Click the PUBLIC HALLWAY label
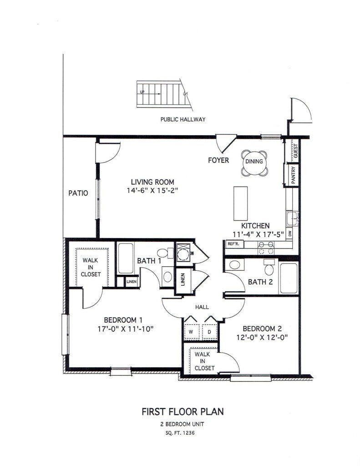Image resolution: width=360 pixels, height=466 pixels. pyautogui.click(x=183, y=120)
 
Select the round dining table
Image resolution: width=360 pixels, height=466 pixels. pyautogui.click(x=254, y=162)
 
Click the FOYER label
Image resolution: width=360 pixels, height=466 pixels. pyautogui.click(x=218, y=160)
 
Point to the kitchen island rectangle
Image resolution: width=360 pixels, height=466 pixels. pyautogui.click(x=241, y=203)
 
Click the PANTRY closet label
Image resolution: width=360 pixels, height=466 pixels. pyautogui.click(x=294, y=175)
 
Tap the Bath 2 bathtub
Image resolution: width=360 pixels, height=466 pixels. pyautogui.click(x=288, y=278)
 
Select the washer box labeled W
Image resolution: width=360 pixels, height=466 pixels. pyautogui.click(x=192, y=332)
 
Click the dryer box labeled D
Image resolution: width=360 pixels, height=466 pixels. pyautogui.click(x=209, y=332)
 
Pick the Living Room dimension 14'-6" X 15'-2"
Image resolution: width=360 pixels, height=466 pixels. pyautogui.click(x=152, y=191)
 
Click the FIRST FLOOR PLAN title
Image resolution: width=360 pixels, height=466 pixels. pyautogui.click(x=183, y=412)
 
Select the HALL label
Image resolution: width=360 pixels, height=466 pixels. pyautogui.click(x=202, y=307)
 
